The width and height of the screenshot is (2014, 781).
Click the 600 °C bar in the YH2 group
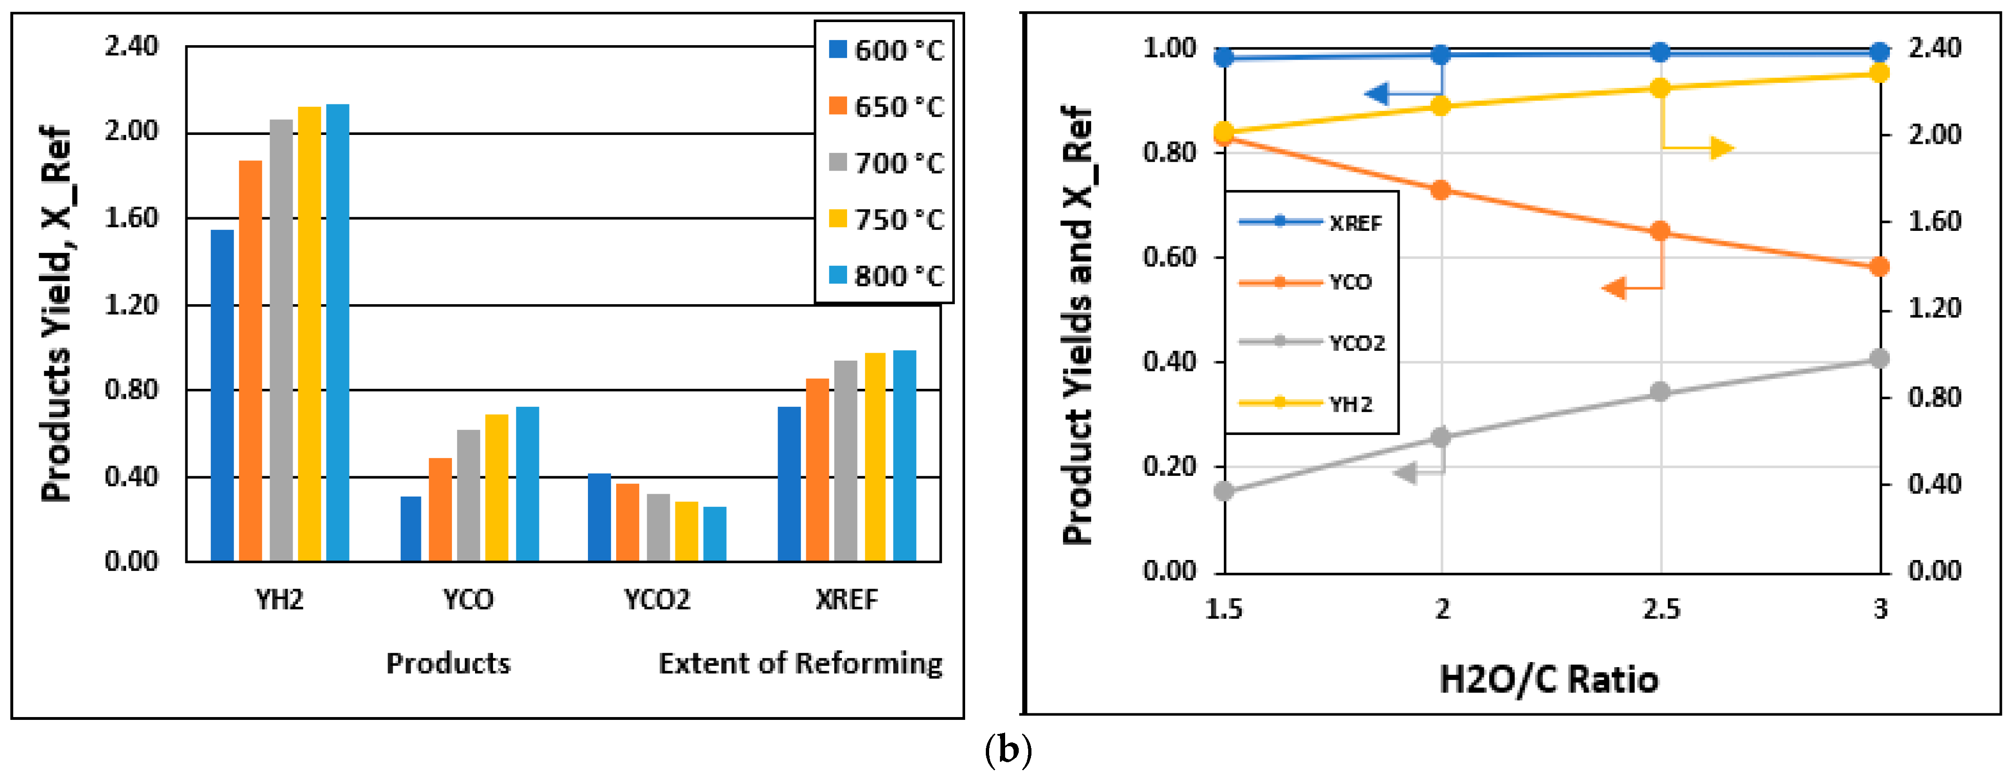(x=222, y=395)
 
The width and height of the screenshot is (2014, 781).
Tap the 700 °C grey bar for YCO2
(x=658, y=527)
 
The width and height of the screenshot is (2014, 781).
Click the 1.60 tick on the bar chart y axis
(x=131, y=218)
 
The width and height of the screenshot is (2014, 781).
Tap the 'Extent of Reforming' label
(x=800, y=664)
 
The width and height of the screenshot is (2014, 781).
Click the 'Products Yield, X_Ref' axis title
(x=57, y=313)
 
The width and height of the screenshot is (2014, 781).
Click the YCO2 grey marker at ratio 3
(x=1879, y=359)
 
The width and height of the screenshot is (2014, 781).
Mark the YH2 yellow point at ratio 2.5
(x=1660, y=87)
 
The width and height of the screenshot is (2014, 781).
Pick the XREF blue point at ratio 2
(x=1441, y=54)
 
